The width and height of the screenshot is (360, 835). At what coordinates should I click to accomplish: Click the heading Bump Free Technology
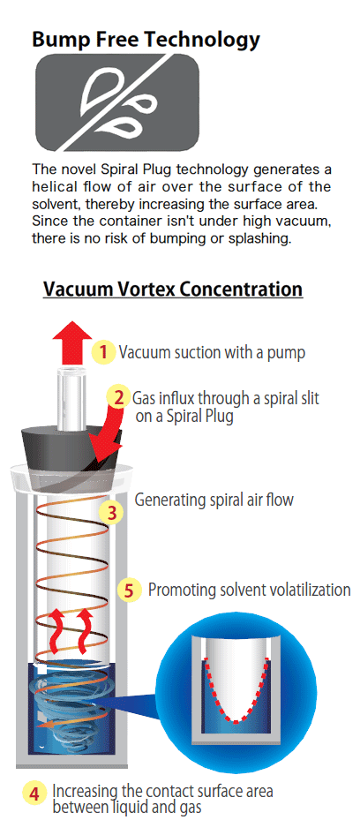coord(146,39)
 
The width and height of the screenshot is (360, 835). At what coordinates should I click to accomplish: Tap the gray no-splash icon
coord(117,102)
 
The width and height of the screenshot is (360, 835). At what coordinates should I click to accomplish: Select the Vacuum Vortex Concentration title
coord(173,290)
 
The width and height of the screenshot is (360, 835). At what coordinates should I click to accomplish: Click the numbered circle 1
coord(104,352)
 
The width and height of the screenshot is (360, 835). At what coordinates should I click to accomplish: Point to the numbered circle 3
coord(112,514)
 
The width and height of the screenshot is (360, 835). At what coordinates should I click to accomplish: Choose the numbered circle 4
coord(34,794)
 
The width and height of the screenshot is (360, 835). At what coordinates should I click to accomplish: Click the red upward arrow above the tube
coord(71,342)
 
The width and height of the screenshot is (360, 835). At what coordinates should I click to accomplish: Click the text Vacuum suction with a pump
coord(213,352)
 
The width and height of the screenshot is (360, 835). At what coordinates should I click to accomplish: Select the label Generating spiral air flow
coord(214,500)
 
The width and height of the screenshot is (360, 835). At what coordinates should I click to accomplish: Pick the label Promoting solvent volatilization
coord(249,590)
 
